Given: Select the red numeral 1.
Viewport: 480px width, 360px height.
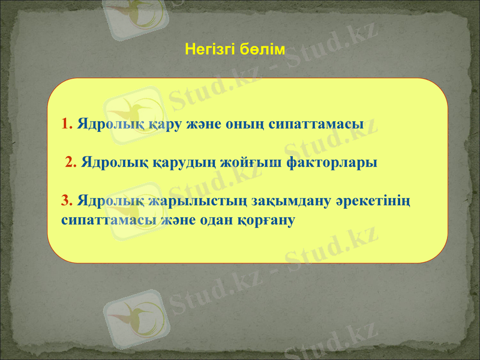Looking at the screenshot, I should click(x=66, y=125).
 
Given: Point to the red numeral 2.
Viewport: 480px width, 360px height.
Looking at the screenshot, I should click(x=70, y=162).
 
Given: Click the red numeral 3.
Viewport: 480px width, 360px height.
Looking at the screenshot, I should click(x=66, y=200).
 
